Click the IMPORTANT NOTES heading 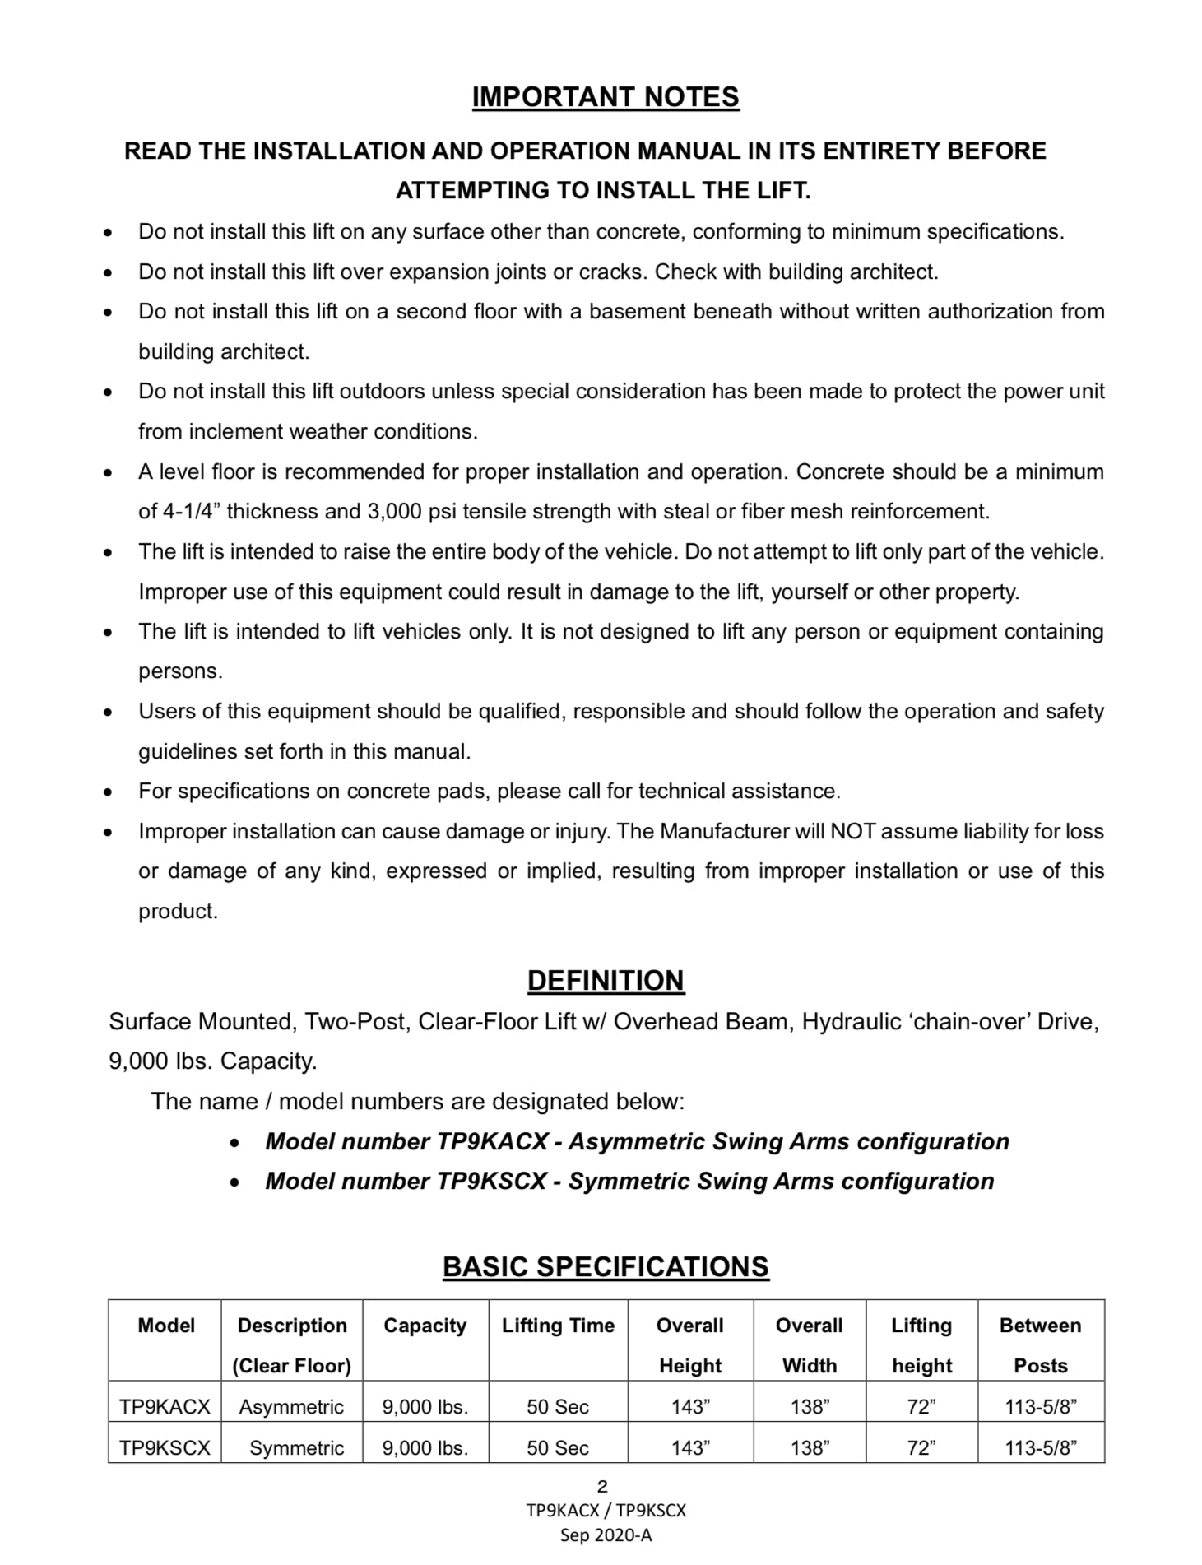[x=606, y=97]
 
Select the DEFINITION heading [x=606, y=980]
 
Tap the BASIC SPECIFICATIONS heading [x=606, y=1266]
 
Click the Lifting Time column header [x=558, y=1326]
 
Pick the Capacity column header [x=425, y=1326]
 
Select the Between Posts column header [x=1040, y=1345]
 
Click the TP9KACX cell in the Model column [x=165, y=1407]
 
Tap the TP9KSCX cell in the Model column [x=165, y=1448]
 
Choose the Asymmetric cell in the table [x=291, y=1407]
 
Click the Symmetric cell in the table [x=296, y=1448]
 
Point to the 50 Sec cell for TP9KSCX [x=558, y=1448]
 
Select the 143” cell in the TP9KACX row [x=689, y=1407]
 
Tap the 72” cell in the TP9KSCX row [x=921, y=1448]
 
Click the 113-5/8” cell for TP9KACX [x=1040, y=1407]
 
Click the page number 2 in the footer [x=602, y=1487]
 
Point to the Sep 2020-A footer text [x=606, y=1535]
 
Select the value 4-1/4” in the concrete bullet [x=191, y=512]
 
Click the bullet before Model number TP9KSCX [x=235, y=1183]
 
